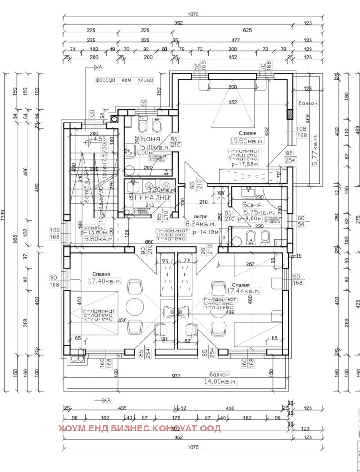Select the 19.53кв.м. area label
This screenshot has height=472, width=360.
[247, 141]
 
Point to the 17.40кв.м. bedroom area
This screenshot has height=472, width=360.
[105, 281]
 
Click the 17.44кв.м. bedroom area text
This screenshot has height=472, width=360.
[243, 291]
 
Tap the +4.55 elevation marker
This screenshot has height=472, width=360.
[98, 140]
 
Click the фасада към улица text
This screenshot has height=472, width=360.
[124, 80]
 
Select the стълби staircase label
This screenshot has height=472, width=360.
[91, 227]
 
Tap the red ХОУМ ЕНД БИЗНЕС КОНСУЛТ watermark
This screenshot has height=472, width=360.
[139, 428]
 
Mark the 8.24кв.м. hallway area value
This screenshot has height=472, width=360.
[201, 223]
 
